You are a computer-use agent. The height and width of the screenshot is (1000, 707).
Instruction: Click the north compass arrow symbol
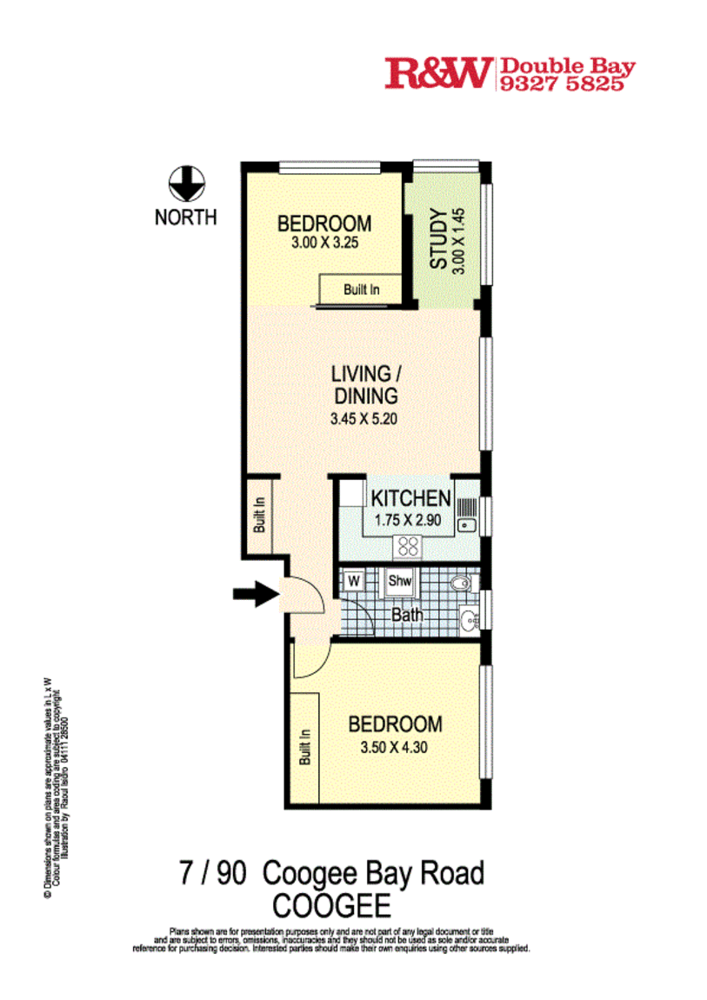(x=185, y=183)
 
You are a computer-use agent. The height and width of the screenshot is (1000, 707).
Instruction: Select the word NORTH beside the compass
(x=185, y=217)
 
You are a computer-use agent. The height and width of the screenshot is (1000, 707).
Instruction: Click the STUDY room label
(x=439, y=239)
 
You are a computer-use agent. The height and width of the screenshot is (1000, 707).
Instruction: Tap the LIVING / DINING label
(x=364, y=384)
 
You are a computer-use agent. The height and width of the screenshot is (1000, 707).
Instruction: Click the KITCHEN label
(x=410, y=499)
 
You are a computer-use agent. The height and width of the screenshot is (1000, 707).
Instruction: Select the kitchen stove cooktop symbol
(x=408, y=546)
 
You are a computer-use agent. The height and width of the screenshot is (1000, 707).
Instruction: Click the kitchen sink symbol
(x=468, y=514)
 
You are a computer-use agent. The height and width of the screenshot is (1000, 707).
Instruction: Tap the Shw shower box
(x=400, y=581)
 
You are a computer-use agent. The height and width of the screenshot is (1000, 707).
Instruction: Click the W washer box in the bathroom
(x=354, y=580)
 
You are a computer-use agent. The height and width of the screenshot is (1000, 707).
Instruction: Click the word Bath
(x=407, y=615)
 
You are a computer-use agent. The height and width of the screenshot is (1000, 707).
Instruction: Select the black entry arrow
(x=254, y=595)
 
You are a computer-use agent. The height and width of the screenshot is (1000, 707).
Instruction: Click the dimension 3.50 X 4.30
(x=395, y=746)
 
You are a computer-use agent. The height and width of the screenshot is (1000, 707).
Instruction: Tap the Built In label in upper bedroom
(x=361, y=290)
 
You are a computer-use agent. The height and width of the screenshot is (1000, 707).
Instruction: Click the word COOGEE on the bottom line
(x=331, y=906)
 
